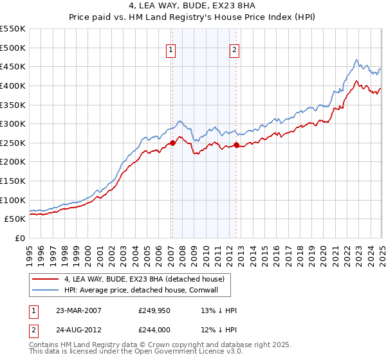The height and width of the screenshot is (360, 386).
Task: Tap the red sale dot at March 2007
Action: (172, 143)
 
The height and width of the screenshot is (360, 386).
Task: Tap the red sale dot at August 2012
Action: (236, 145)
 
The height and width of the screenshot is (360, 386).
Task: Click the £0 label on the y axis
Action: (19, 238)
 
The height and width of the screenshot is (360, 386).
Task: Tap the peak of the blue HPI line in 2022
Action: (356, 59)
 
